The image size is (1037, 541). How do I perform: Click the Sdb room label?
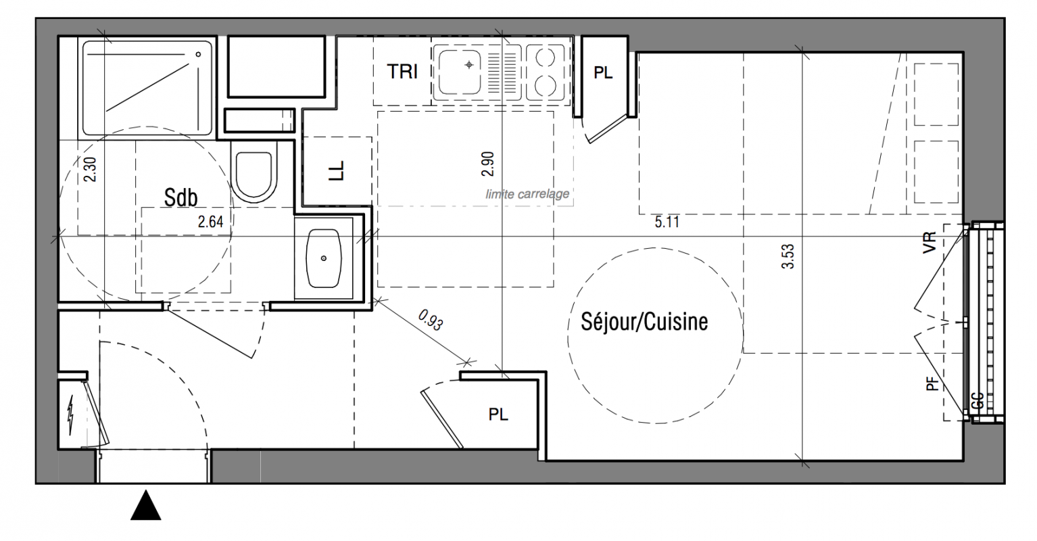(181, 197)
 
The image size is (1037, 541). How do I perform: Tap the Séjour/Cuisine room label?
(644, 321)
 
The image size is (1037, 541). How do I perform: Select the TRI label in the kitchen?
(402, 72)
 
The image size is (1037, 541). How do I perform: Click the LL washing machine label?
(337, 170)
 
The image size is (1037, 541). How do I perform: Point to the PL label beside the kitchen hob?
(603, 73)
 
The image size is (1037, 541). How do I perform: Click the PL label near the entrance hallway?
(498, 414)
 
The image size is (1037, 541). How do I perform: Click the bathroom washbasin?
(324, 258)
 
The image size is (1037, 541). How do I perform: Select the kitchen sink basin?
(459, 72)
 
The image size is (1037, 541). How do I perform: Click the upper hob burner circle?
(546, 57)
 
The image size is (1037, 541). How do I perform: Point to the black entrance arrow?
(146, 505)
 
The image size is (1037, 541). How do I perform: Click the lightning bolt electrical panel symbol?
(71, 415)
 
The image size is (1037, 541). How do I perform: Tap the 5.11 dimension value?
(667, 222)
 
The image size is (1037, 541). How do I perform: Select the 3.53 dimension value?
(788, 256)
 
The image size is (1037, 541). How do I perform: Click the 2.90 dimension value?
(488, 164)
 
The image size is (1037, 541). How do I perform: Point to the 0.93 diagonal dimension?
(431, 320)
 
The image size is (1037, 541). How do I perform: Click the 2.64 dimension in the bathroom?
(211, 222)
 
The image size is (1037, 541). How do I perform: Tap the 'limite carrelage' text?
(527, 193)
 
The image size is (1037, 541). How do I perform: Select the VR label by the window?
(930, 242)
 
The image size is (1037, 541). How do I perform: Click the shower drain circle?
(198, 54)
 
